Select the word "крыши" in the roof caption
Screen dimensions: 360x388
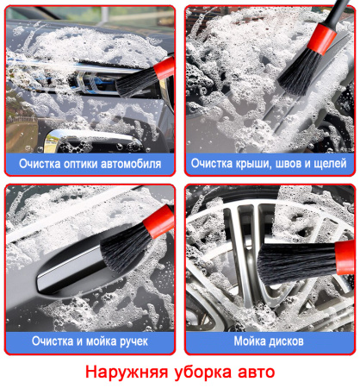[253, 164]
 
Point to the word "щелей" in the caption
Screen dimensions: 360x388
[330, 164]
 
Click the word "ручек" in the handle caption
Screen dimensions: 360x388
[133, 341]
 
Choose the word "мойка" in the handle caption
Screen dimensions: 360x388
[102, 341]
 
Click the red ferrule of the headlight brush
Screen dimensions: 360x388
[164, 68]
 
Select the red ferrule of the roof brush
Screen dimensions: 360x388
[321, 39]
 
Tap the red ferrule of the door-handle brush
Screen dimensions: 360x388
[159, 222]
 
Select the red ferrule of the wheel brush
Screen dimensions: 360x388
[345, 258]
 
